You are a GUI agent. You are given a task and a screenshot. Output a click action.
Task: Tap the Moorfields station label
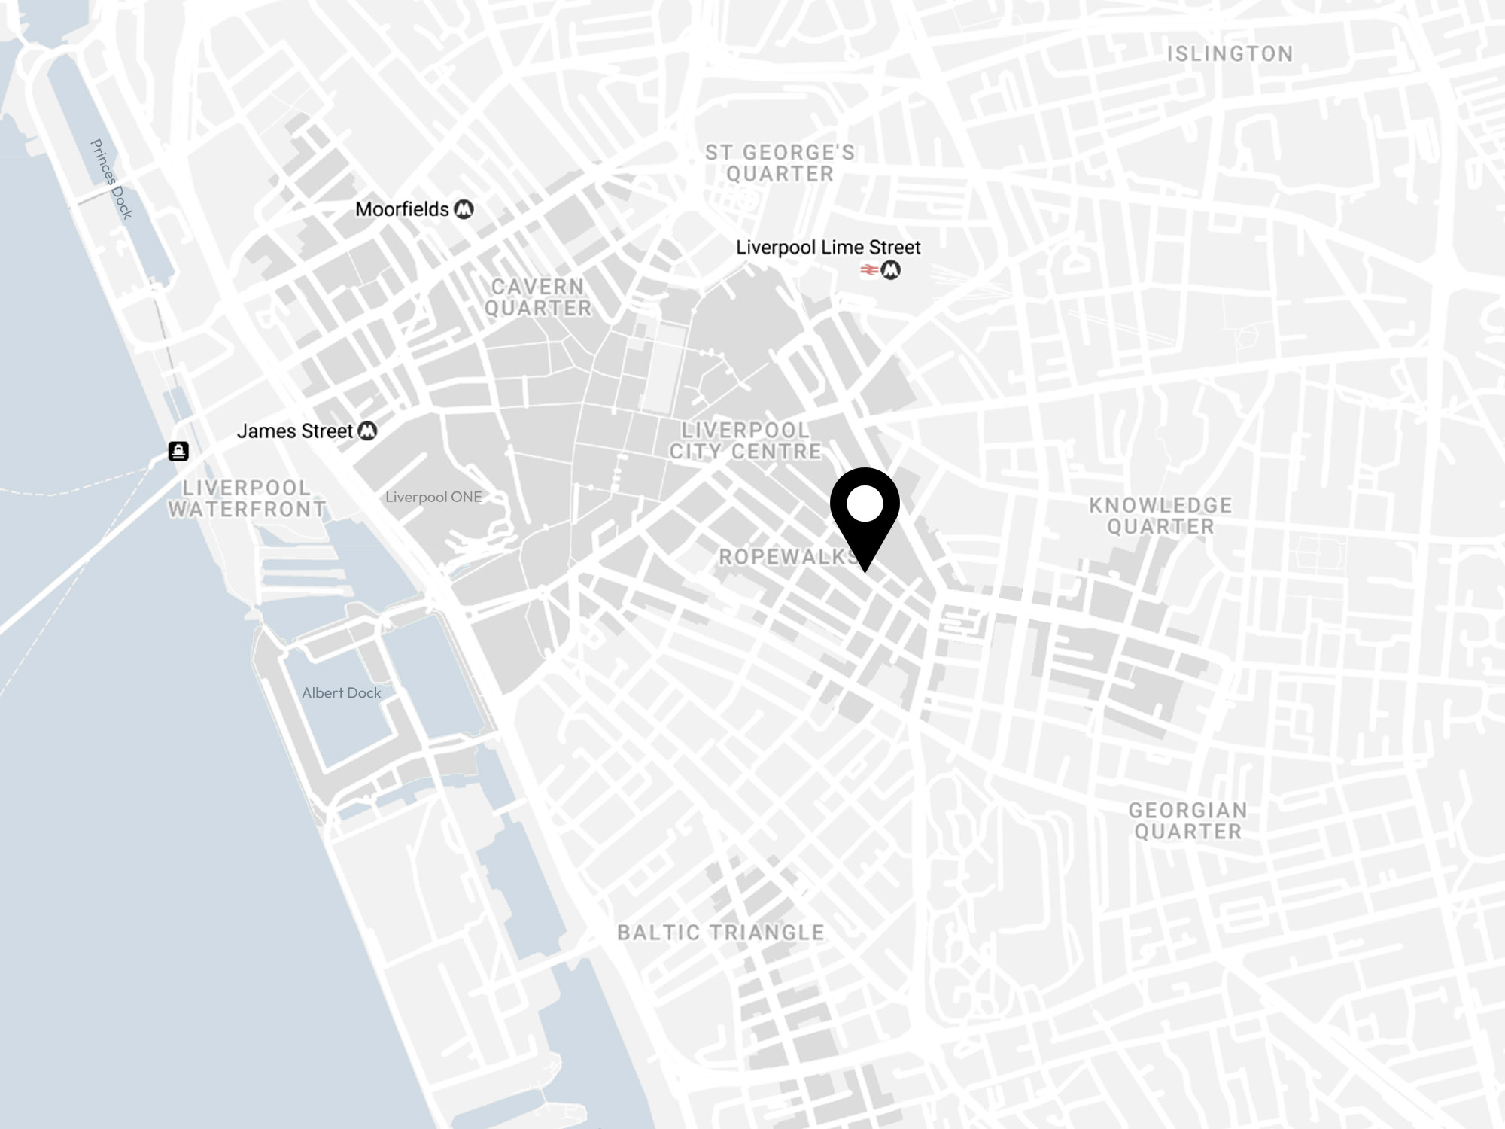402,209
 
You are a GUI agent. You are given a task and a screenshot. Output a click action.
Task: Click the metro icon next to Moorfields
464,210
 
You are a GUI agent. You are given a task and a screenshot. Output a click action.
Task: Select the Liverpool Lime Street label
828,247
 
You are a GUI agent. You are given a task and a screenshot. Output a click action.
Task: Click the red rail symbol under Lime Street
869,270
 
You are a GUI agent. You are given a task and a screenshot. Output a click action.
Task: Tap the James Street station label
294,431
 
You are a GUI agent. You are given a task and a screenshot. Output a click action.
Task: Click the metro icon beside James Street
367,431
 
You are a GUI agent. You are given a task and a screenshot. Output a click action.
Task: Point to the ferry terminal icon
178,451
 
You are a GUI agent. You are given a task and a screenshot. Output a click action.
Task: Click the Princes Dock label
111,179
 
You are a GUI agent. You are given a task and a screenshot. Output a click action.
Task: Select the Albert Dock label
341,693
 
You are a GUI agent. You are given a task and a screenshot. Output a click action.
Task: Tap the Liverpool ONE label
433,497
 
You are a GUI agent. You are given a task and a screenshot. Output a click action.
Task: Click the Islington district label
1230,54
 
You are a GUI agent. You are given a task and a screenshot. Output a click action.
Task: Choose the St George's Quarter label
780,163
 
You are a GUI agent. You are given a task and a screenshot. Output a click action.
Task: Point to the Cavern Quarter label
537,297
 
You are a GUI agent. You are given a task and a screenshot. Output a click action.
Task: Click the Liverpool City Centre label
745,441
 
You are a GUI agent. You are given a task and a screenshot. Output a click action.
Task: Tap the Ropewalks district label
786,557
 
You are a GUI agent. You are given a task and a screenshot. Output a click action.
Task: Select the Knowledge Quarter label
1160,516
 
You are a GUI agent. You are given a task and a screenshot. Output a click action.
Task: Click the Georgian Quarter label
1187,821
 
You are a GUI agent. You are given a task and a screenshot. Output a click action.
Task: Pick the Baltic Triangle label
720,933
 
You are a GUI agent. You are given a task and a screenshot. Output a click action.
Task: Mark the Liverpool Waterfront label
247,498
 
